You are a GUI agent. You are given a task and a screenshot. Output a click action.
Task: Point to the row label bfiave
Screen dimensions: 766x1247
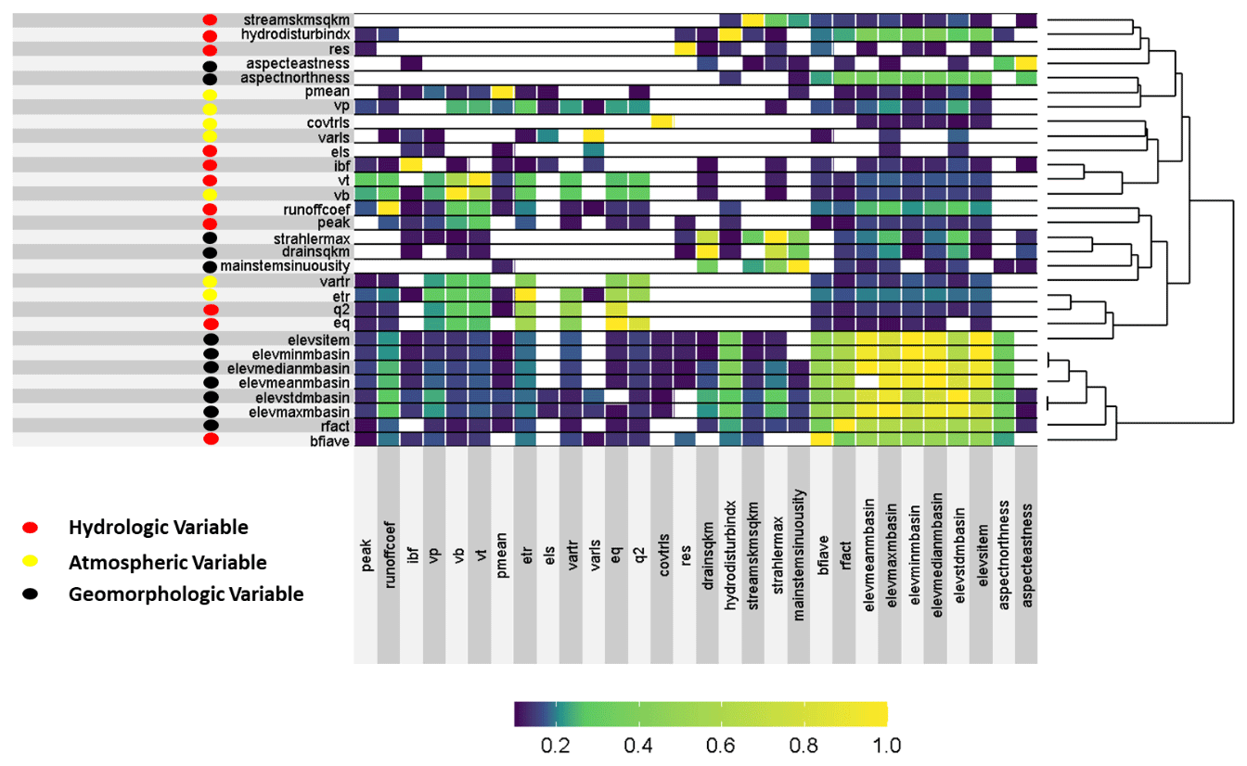[x=329, y=440]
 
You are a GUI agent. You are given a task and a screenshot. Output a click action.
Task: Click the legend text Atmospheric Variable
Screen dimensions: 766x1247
[x=167, y=562]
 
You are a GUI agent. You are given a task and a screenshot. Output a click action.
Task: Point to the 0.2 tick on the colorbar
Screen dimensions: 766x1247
[x=557, y=745]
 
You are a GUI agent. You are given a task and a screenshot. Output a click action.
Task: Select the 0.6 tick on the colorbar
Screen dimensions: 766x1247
[x=722, y=745]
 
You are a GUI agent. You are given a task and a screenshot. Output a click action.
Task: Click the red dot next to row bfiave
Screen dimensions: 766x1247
[x=211, y=440]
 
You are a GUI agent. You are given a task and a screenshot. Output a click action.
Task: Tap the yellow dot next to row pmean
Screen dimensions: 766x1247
[x=211, y=95]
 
